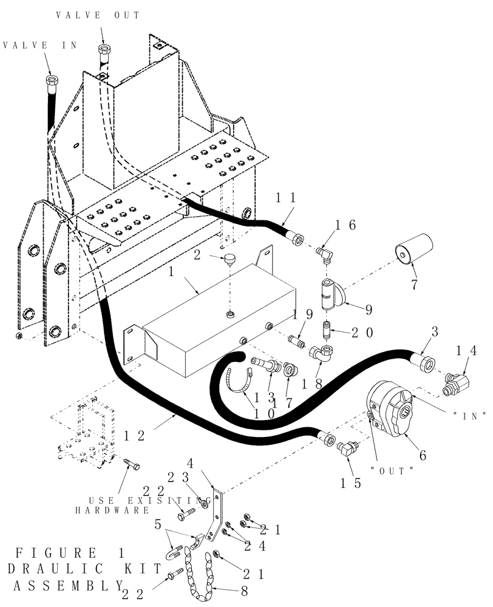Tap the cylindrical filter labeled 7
412,251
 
